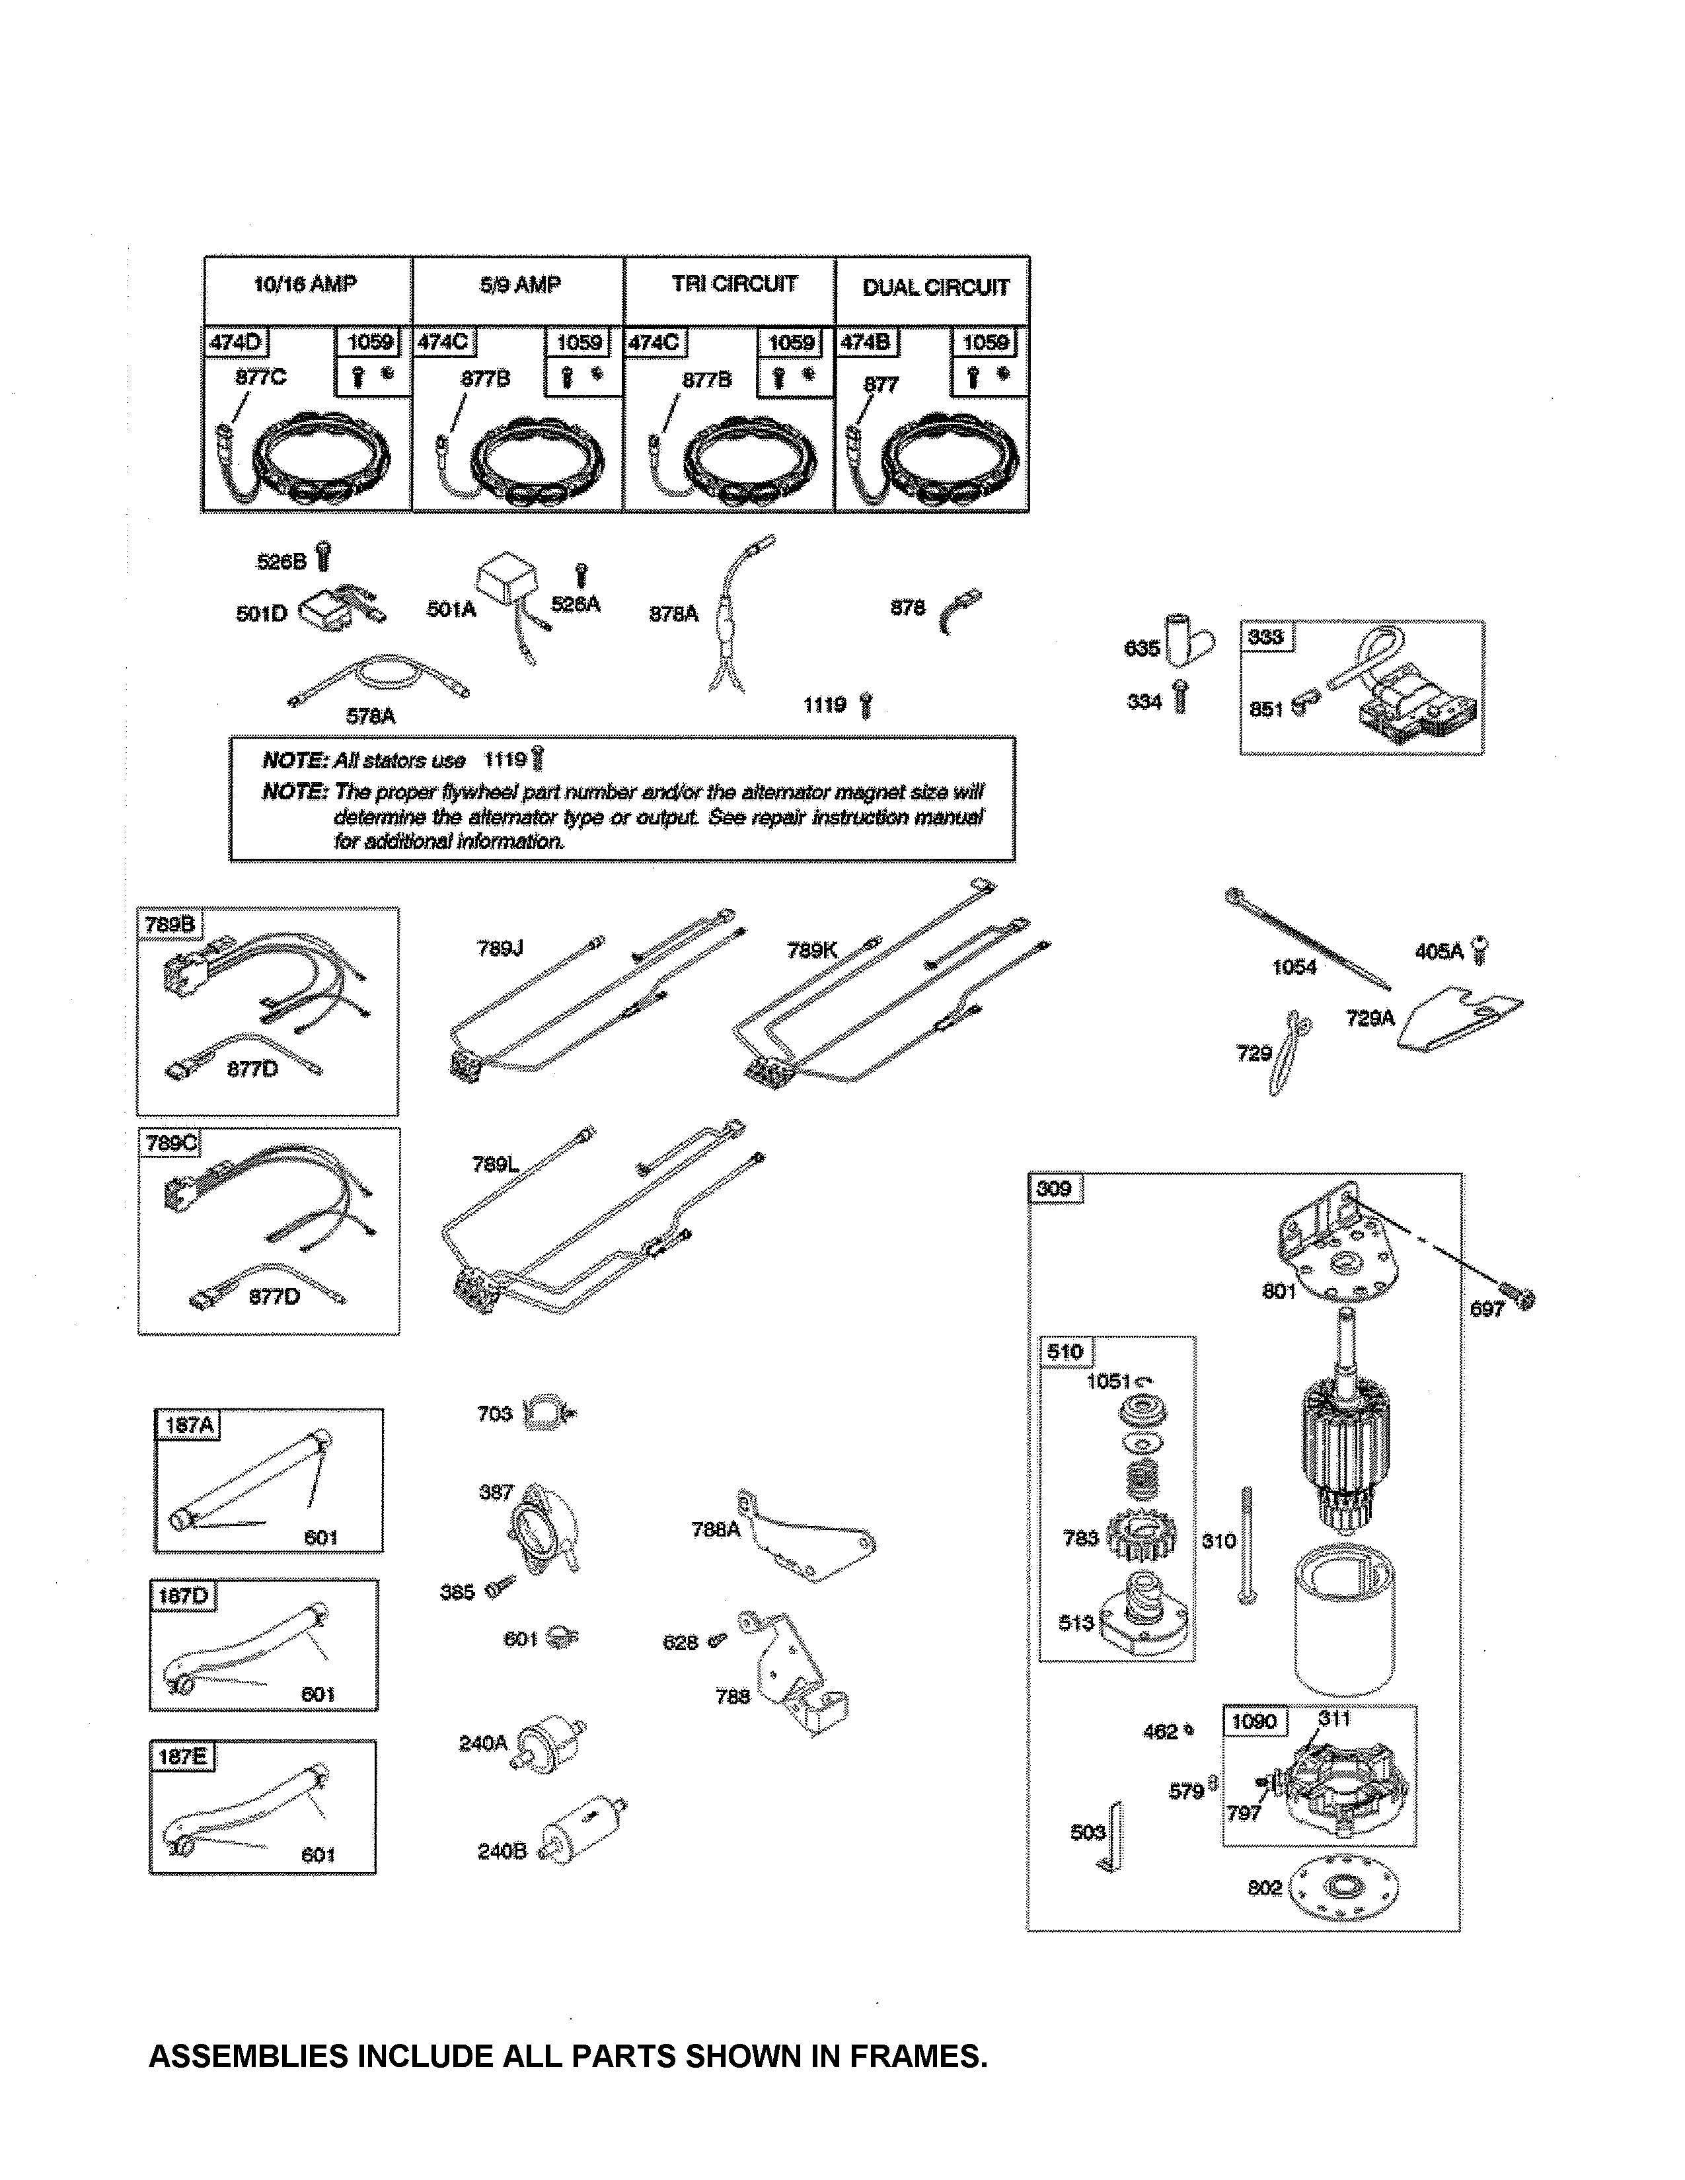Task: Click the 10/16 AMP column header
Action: pyautogui.click(x=305, y=285)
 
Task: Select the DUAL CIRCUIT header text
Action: pyautogui.click(x=935, y=287)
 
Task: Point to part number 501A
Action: pyautogui.click(x=450, y=609)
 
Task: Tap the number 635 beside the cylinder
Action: pyautogui.click(x=1141, y=648)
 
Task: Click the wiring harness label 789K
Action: pyautogui.click(x=811, y=950)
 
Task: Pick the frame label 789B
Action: pyautogui.click(x=170, y=924)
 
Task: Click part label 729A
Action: pyautogui.click(x=1370, y=1018)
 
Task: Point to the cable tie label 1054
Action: pyautogui.click(x=1294, y=966)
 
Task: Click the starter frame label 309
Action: pyautogui.click(x=1054, y=1188)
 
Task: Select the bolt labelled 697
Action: pyautogui.click(x=1485, y=1309)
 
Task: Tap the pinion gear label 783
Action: pyautogui.click(x=1080, y=1538)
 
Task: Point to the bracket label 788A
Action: pyautogui.click(x=716, y=1529)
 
